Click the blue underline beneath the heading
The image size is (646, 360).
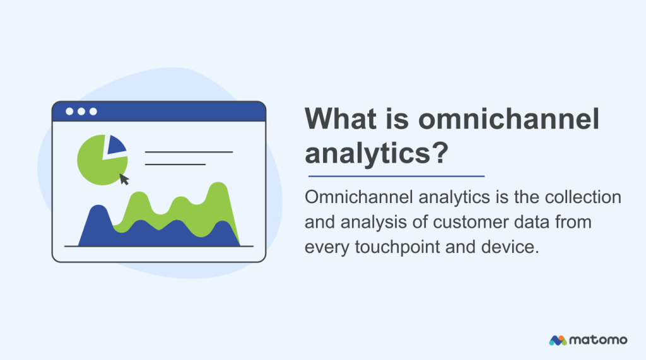point(396,176)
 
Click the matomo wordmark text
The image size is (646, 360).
point(599,340)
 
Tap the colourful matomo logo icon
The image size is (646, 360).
point(558,340)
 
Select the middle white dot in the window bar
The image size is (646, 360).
point(81,112)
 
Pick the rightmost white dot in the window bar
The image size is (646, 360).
point(93,112)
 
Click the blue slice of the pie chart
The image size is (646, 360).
point(115,146)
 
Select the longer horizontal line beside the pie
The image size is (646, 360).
point(189,152)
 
